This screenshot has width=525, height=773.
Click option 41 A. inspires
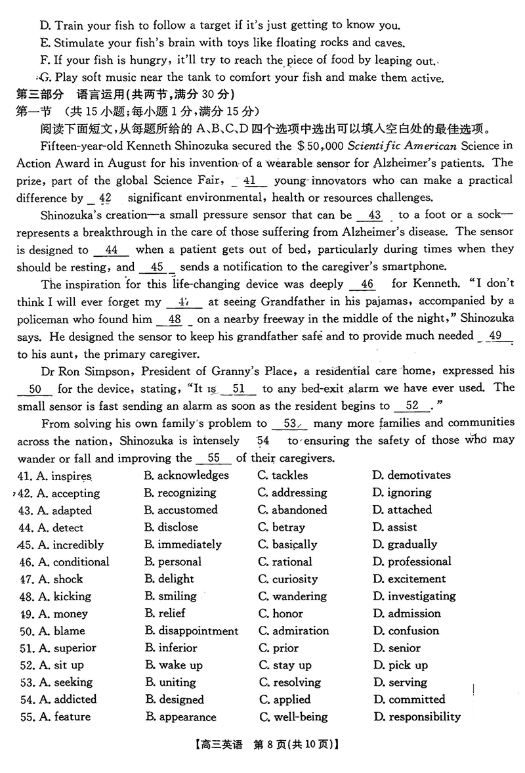click(x=64, y=475)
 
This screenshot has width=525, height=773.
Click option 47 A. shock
click(x=60, y=579)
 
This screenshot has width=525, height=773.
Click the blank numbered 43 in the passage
click(x=375, y=215)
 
